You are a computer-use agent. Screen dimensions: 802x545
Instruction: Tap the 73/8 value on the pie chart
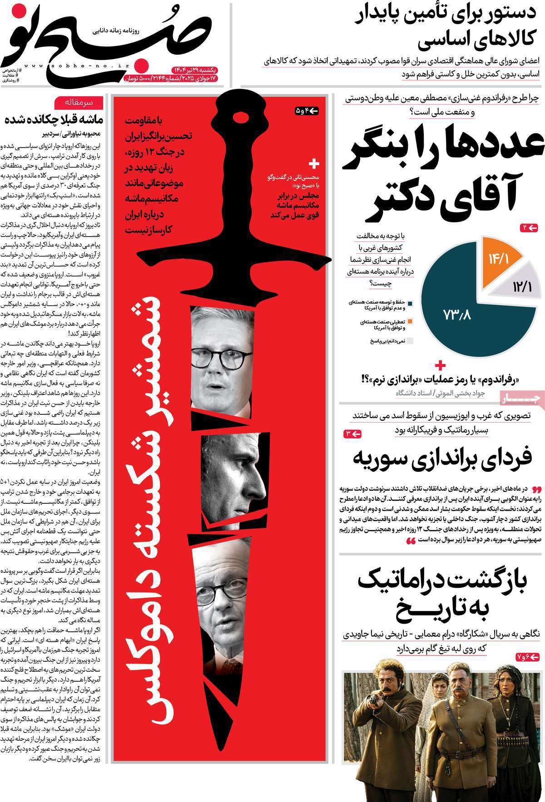(456, 315)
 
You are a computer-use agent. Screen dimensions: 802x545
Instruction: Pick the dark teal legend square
(410, 303)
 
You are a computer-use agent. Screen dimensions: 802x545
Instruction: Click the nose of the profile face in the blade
(262, 491)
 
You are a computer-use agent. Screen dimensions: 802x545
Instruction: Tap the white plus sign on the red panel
(314, 163)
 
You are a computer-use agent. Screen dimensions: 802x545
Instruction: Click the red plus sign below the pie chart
(440, 365)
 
